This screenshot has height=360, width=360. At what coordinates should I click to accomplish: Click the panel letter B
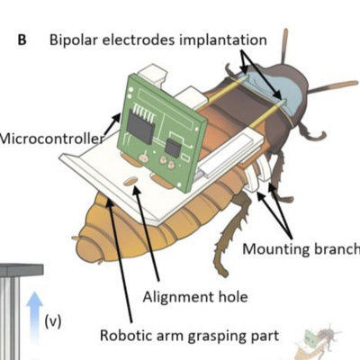[22, 40]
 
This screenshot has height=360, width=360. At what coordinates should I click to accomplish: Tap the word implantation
[223, 40]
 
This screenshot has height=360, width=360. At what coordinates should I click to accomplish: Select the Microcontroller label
[51, 139]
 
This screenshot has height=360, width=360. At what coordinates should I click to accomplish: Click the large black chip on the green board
[140, 125]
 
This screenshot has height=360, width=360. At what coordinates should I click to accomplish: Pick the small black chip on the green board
[174, 148]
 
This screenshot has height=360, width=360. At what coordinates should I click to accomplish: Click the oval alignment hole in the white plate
[130, 181]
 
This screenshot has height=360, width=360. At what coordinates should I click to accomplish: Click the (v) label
[53, 321]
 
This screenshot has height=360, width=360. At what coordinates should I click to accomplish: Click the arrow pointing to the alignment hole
[147, 233]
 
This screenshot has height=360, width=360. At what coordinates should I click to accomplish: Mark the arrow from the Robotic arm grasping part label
[120, 261]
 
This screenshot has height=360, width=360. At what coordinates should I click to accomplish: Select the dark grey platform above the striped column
[21, 270]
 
